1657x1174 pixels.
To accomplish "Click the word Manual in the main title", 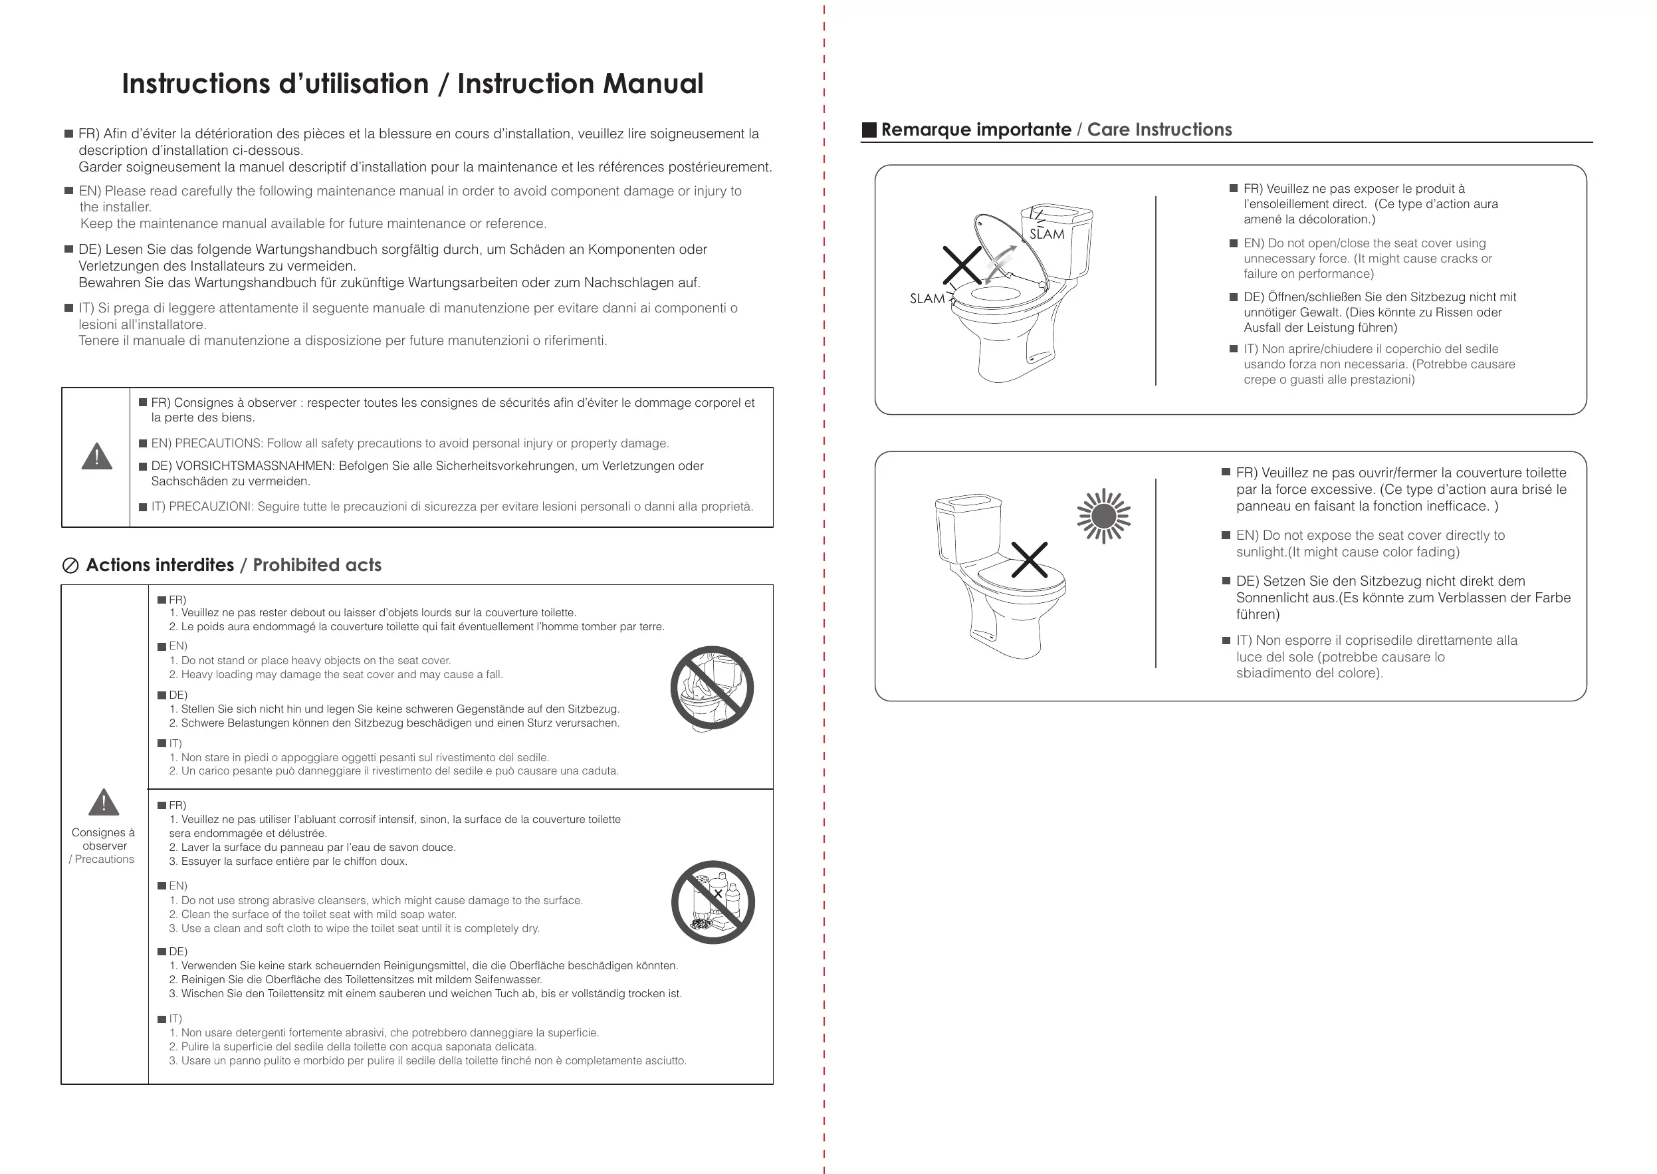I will [653, 84].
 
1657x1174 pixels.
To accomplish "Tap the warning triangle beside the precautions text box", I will [97, 456].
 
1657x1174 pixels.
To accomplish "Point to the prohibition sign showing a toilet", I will [712, 687].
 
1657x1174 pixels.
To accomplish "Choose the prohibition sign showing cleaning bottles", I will [713, 902].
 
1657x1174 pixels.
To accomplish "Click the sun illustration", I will [1103, 516].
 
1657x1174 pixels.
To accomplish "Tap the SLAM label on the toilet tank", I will [1046, 233].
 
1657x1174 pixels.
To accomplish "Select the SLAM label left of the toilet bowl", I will [927, 298].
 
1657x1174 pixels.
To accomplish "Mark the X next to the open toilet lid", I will [962, 265].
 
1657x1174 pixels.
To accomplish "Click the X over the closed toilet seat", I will [1029, 560].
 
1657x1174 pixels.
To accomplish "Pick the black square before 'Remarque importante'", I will [869, 130].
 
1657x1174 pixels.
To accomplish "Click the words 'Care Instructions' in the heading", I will [1159, 130].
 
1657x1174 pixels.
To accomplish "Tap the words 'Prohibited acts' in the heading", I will [316, 565].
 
